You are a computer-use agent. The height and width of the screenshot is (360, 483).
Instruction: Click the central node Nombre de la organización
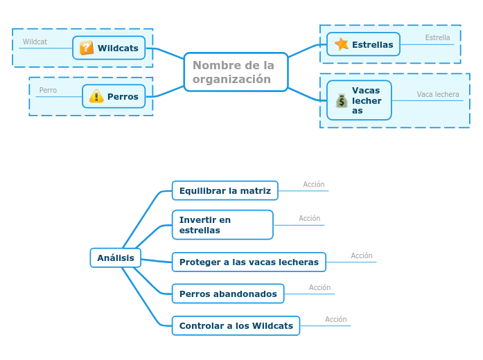pyautogui.click(x=236, y=72)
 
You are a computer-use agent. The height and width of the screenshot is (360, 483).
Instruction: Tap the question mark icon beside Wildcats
pyautogui.click(x=87, y=48)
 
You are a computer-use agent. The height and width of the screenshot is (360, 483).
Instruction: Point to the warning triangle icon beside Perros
pyautogui.click(x=96, y=96)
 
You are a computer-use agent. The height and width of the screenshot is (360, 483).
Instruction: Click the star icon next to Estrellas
pyautogui.click(x=342, y=44)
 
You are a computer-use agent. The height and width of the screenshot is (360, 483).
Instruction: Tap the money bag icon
pyautogui.click(x=342, y=101)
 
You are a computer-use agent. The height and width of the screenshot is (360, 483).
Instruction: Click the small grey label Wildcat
pyautogui.click(x=35, y=42)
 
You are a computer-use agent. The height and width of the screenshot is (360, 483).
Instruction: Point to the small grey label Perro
pyautogui.click(x=48, y=91)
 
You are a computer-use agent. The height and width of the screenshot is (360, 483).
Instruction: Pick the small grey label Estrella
pyautogui.click(x=437, y=38)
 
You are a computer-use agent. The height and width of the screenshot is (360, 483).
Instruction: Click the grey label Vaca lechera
pyautogui.click(x=437, y=95)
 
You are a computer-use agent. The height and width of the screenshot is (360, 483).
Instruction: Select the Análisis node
pyautogui.click(x=116, y=258)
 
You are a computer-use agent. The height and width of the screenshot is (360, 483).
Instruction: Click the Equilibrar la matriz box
pyautogui.click(x=225, y=190)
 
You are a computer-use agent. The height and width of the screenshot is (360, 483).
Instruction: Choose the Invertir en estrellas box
pyautogui.click(x=222, y=225)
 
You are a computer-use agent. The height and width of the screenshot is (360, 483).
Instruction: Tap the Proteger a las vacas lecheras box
pyautogui.click(x=249, y=262)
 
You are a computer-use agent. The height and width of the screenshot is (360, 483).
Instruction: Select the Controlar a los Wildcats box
pyautogui.click(x=236, y=325)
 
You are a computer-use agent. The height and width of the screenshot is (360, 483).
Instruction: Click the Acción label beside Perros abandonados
pyautogui.click(x=319, y=288)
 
